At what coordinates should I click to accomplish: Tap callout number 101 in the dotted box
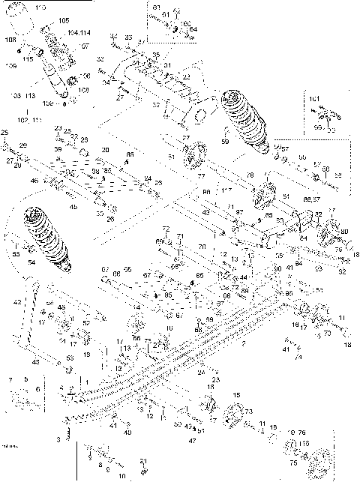coord(314,99)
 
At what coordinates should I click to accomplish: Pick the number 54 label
coord(31,263)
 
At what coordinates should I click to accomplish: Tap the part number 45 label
coord(73,207)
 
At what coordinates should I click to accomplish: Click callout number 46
coord(34,181)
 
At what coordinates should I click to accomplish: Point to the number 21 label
coord(143,461)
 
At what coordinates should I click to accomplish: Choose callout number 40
coord(127,433)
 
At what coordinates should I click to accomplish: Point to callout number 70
coord(166,241)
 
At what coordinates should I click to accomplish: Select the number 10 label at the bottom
coord(122,476)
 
